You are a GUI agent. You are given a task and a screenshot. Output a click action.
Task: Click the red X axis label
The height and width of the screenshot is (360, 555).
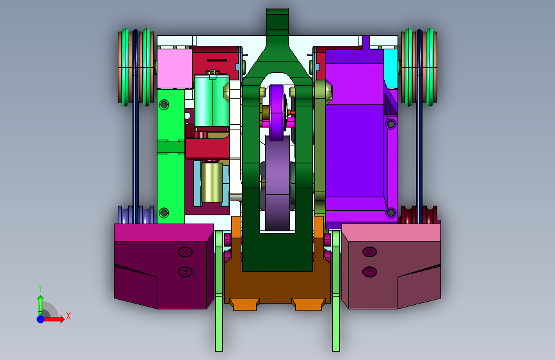pyautogui.click(x=68, y=316)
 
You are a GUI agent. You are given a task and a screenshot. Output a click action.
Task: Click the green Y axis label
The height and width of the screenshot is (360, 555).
pyautogui.click(x=40, y=288)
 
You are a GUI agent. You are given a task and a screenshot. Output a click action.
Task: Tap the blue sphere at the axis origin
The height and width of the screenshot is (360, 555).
pyautogui.click(x=41, y=319)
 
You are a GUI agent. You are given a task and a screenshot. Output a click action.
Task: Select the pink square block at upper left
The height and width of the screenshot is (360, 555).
pyautogui.click(x=175, y=69)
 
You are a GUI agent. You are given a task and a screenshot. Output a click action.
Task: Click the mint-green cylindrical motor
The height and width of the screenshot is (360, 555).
pyautogui.click(x=212, y=101)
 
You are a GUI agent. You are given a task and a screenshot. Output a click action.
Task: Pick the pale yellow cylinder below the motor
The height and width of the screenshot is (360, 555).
pyautogui.click(x=212, y=182)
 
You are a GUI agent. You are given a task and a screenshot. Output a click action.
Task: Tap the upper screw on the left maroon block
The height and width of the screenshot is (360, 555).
pyautogui.click(x=185, y=252)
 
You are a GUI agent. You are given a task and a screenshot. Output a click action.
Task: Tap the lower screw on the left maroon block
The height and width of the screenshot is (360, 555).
pyautogui.click(x=185, y=272)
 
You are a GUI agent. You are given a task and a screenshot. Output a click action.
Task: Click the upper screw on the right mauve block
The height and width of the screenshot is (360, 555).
pyautogui.click(x=369, y=252)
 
